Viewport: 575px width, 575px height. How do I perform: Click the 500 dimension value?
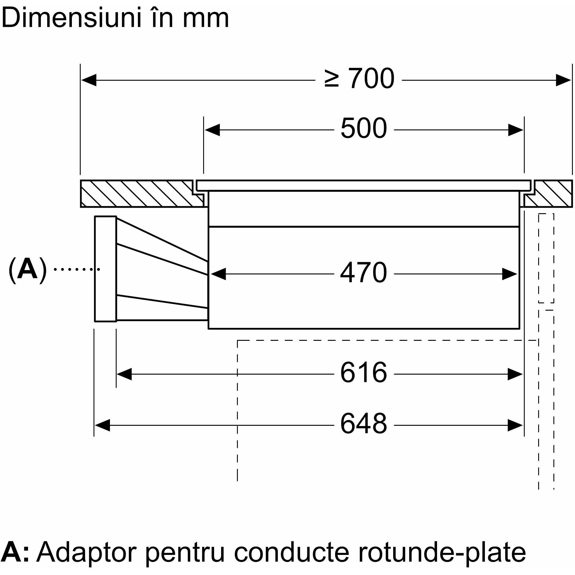(364, 129)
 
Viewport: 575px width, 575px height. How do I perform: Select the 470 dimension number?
(364, 273)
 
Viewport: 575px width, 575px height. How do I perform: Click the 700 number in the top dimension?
(371, 79)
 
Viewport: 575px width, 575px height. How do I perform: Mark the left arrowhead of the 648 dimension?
(102, 425)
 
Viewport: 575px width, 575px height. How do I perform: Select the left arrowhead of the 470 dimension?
(218, 274)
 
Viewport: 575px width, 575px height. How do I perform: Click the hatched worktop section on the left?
(137, 194)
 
